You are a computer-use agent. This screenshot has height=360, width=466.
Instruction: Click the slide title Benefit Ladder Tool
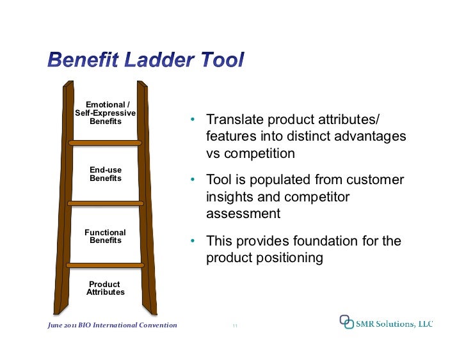(x=145, y=61)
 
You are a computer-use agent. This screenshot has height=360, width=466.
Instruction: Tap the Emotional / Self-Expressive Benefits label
(x=106, y=113)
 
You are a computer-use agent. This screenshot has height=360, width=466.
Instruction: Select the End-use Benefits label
(x=106, y=174)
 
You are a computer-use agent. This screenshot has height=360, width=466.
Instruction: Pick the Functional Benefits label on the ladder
(x=106, y=237)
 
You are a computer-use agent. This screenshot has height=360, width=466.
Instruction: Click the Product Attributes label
(x=106, y=288)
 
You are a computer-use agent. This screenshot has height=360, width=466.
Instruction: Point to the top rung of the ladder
(x=106, y=142)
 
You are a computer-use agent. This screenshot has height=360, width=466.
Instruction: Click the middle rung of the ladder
(x=106, y=203)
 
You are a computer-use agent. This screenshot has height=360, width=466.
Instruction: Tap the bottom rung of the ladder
(x=106, y=265)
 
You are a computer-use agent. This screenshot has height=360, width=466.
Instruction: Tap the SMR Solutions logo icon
(x=346, y=322)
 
